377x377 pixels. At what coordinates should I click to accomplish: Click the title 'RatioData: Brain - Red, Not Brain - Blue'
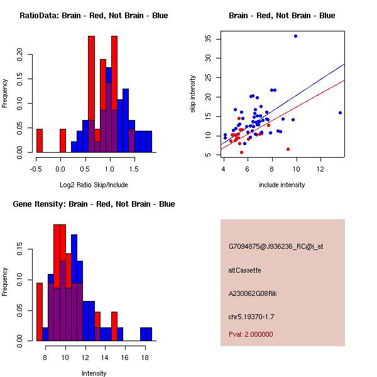pos(94,16)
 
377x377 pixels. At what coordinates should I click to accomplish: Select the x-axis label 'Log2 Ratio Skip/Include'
pos(94,185)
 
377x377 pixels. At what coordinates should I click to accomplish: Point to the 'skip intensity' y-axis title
pos(194,94)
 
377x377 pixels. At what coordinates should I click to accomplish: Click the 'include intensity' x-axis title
pos(281,185)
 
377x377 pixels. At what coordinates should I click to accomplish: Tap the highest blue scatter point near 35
pos(295,36)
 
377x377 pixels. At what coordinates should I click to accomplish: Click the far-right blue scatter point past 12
pos(340,113)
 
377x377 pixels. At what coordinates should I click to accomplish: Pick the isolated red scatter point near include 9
pos(288,149)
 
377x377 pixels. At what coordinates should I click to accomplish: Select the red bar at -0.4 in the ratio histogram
pos(39,140)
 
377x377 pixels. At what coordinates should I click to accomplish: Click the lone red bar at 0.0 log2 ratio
pos(63,140)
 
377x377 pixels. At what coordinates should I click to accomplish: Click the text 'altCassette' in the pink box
pos(244,270)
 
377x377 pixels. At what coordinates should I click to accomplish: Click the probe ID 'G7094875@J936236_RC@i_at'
pos(276,247)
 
